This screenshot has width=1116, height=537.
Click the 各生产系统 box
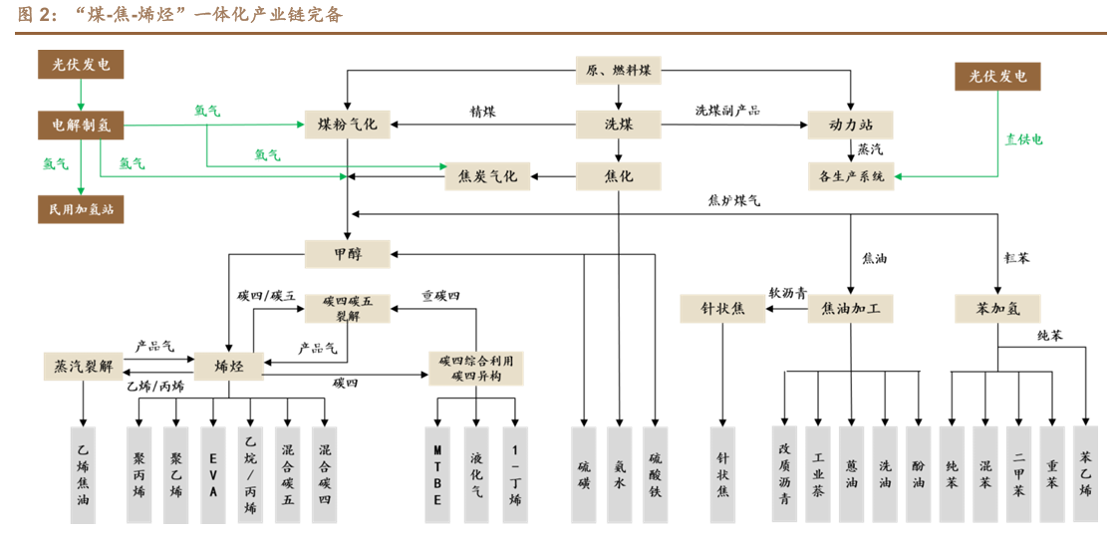click(850, 176)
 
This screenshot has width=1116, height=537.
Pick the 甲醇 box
click(347, 254)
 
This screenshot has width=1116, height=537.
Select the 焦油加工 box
click(850, 309)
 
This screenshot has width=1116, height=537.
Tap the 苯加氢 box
click(997, 309)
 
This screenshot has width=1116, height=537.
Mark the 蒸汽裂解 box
click(83, 366)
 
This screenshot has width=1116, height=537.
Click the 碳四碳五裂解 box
click(347, 308)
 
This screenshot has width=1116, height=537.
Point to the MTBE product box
click(437, 474)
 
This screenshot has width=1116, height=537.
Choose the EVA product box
click(213, 474)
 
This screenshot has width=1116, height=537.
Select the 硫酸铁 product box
click(655, 474)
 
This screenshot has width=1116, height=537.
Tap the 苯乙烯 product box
click(1085, 474)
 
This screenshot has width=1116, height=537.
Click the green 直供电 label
click(1023, 139)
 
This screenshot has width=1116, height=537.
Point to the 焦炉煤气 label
click(734, 200)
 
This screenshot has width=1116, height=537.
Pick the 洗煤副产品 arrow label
click(727, 111)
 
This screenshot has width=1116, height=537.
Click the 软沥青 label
click(787, 294)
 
